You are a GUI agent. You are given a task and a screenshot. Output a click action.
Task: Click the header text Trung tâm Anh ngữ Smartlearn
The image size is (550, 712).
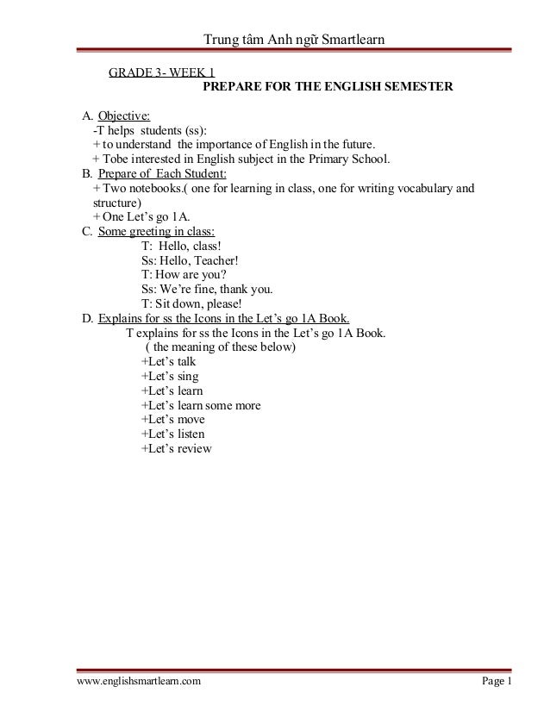[293, 40]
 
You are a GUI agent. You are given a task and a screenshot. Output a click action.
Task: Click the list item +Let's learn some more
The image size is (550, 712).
[200, 405]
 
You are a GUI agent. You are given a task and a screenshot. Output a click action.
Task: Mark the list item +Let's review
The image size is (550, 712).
[176, 448]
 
